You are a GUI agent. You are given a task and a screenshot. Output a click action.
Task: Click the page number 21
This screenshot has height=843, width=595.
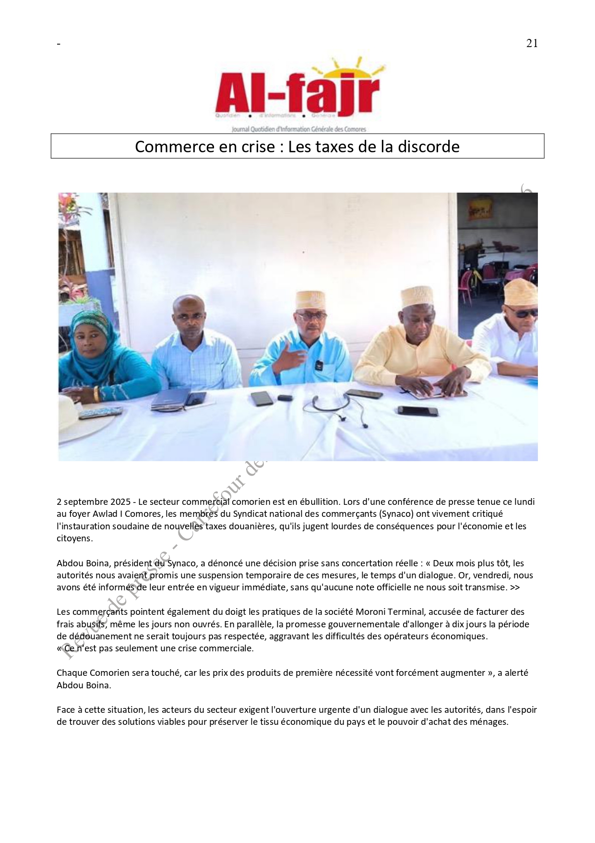point(532,43)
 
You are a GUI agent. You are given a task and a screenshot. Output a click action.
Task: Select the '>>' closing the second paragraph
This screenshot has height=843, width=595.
point(514,587)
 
